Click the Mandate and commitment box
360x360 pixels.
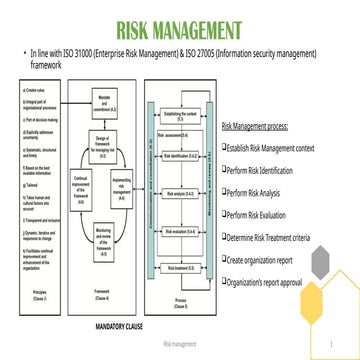(x=105, y=98)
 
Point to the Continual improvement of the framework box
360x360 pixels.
(x=78, y=185)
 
